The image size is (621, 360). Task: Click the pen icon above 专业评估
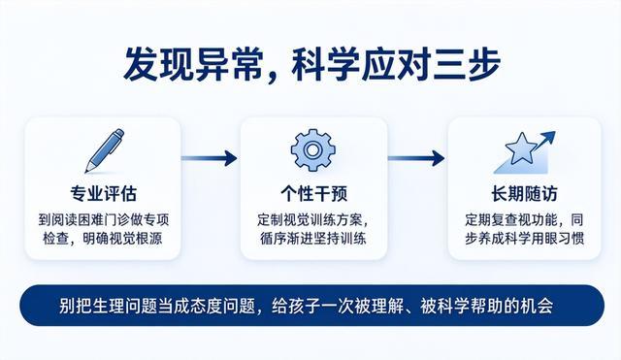pyautogui.click(x=105, y=150)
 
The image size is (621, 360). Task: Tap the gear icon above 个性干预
pyautogui.click(x=312, y=150)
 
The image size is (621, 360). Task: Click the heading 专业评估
pyautogui.click(x=104, y=194)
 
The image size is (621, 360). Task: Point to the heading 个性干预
pyautogui.click(x=313, y=194)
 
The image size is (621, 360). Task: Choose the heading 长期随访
pyautogui.click(x=524, y=194)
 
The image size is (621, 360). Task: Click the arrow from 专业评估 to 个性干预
pyautogui.click(x=210, y=158)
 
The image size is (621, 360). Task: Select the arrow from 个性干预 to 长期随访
pyautogui.click(x=416, y=158)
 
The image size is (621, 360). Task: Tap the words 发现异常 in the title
pyautogui.click(x=193, y=64)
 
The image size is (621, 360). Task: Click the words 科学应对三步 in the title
pyautogui.click(x=396, y=64)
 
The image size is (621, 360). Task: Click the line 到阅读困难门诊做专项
pyautogui.click(x=104, y=219)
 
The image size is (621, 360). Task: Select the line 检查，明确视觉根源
pyautogui.click(x=103, y=239)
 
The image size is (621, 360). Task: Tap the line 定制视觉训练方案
pyautogui.click(x=311, y=219)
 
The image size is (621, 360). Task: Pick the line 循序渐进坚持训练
pyautogui.click(x=312, y=239)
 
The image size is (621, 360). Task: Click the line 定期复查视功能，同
pyautogui.click(x=524, y=219)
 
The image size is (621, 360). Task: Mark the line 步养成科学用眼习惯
pyautogui.click(x=524, y=239)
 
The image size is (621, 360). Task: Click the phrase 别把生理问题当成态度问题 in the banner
pyautogui.click(x=157, y=306)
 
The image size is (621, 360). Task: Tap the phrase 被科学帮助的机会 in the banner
pyautogui.click(x=487, y=306)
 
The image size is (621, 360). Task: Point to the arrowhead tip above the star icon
pyautogui.click(x=555, y=132)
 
